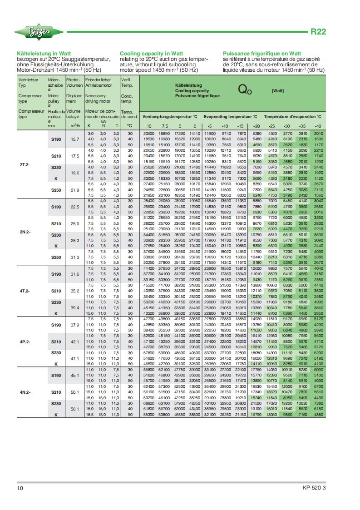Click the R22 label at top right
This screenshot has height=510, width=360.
click(x=318, y=32)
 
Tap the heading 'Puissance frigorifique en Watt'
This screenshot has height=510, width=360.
click(x=262, y=53)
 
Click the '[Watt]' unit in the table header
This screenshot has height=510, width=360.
click(x=277, y=91)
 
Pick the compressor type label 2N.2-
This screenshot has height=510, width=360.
click(x=25, y=232)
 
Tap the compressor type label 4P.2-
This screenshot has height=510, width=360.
click(x=25, y=342)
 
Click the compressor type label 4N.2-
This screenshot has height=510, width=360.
click(x=25, y=391)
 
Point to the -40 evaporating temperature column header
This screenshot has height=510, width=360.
click(x=318, y=126)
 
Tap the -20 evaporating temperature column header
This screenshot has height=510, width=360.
click(x=257, y=126)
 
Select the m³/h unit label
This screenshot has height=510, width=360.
click(x=75, y=125)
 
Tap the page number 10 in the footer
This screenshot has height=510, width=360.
click(x=20, y=488)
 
